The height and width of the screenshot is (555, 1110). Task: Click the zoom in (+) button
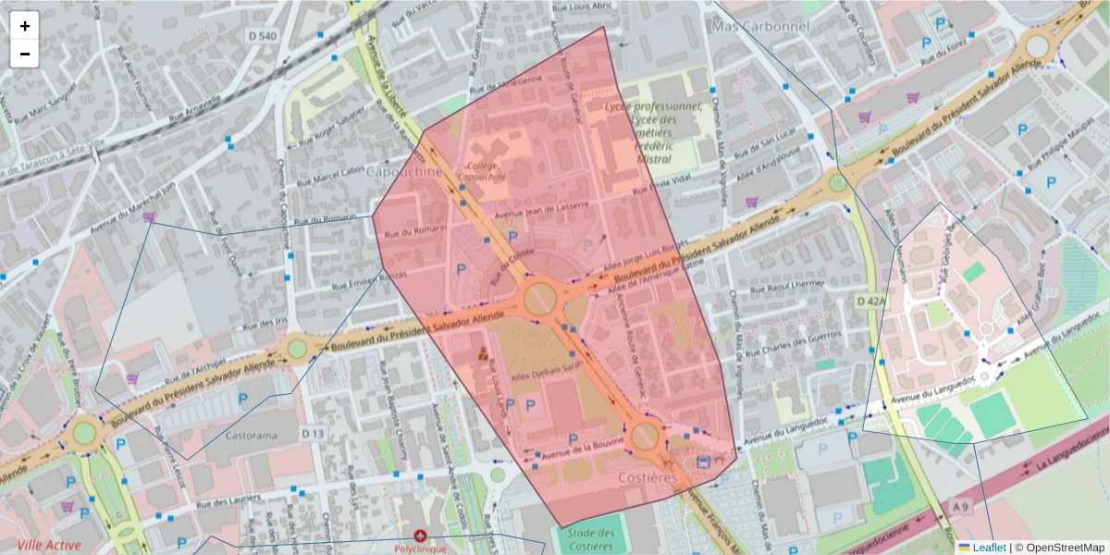point(25,26)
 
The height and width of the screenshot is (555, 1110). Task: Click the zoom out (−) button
point(25,54)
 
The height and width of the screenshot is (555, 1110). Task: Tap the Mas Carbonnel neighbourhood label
point(760,26)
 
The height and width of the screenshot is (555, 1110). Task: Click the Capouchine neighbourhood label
point(404,172)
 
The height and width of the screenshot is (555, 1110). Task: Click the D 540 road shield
point(263,35)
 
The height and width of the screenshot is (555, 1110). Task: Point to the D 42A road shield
point(871,302)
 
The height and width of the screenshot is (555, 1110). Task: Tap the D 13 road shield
point(313,433)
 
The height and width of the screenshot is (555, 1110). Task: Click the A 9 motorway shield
point(961,506)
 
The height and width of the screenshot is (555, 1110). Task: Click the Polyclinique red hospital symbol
point(421,536)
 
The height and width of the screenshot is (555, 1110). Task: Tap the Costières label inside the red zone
point(647,477)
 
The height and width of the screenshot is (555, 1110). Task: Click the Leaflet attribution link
point(989,548)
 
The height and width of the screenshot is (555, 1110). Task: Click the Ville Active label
point(48,545)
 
